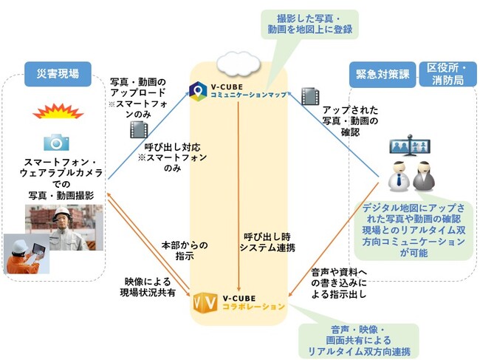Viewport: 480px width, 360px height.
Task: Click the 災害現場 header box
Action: [x=57, y=72]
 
